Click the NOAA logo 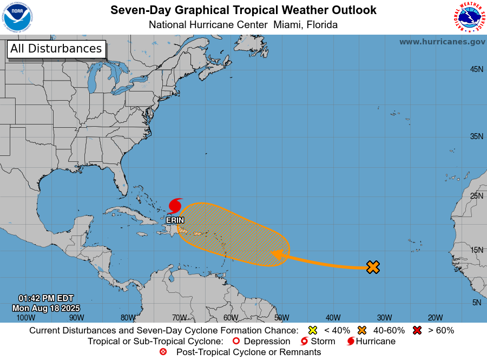pyautogui.click(x=17, y=17)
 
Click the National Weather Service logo pyautogui.click(x=469, y=17)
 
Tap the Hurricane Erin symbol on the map pyautogui.click(x=175, y=206)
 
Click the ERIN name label pyautogui.click(x=175, y=220)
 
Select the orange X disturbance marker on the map pyautogui.click(x=373, y=266)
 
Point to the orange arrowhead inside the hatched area pyautogui.click(x=277, y=254)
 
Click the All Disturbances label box pyautogui.click(x=56, y=49)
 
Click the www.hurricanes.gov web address pyautogui.click(x=442, y=42)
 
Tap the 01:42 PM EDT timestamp pyautogui.click(x=46, y=298)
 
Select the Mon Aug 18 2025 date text pyautogui.click(x=46, y=307)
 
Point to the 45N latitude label pyautogui.click(x=476, y=69)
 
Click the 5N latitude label pyautogui.click(x=476, y=303)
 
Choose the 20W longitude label pyautogui.click(x=435, y=318)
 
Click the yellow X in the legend pyautogui.click(x=312, y=330)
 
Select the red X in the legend pyautogui.click(x=417, y=330)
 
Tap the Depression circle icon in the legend pyautogui.click(x=235, y=341)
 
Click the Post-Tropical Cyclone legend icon pyautogui.click(x=163, y=352)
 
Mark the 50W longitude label pyautogui.click(x=281, y=318)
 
